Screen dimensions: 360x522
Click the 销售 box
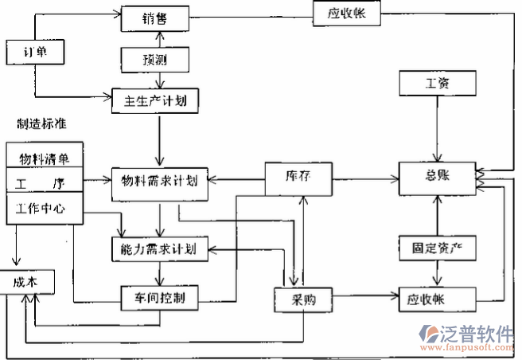pyautogui.click(x=155, y=18)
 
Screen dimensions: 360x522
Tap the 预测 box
pyautogui.click(x=155, y=59)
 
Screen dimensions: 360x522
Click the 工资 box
pyautogui.click(x=437, y=82)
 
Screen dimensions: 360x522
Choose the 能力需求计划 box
pyautogui.click(x=159, y=248)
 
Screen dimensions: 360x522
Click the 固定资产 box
pyautogui.click(x=437, y=248)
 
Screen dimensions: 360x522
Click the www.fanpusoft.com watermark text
pyautogui.click(x=469, y=348)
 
